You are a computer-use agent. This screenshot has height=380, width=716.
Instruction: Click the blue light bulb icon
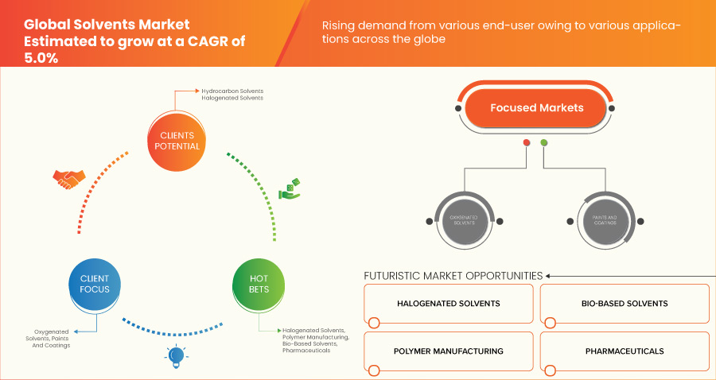[176, 355]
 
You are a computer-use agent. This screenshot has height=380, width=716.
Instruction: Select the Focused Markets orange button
[536, 107]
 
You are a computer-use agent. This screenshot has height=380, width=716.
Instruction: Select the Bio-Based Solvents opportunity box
[625, 304]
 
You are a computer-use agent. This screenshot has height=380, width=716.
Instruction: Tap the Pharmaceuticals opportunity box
[625, 351]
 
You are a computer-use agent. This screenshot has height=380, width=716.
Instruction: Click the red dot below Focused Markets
[526, 143]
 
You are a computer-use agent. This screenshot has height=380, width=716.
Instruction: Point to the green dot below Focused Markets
[544, 143]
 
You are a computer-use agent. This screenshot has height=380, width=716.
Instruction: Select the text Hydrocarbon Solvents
[232, 91]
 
